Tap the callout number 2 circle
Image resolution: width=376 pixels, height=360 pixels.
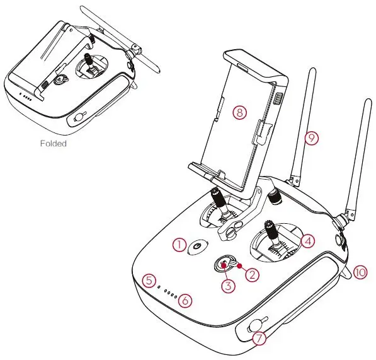click(x=252, y=274)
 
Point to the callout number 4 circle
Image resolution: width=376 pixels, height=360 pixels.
click(x=307, y=240)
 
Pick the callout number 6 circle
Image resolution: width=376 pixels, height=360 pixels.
click(x=184, y=301)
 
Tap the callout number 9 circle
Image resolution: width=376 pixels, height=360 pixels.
click(x=309, y=137)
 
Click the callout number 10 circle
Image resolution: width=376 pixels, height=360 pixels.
click(x=360, y=272)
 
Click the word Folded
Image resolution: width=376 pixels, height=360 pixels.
click(x=53, y=143)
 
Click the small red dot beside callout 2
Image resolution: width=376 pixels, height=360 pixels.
click(x=240, y=267)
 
